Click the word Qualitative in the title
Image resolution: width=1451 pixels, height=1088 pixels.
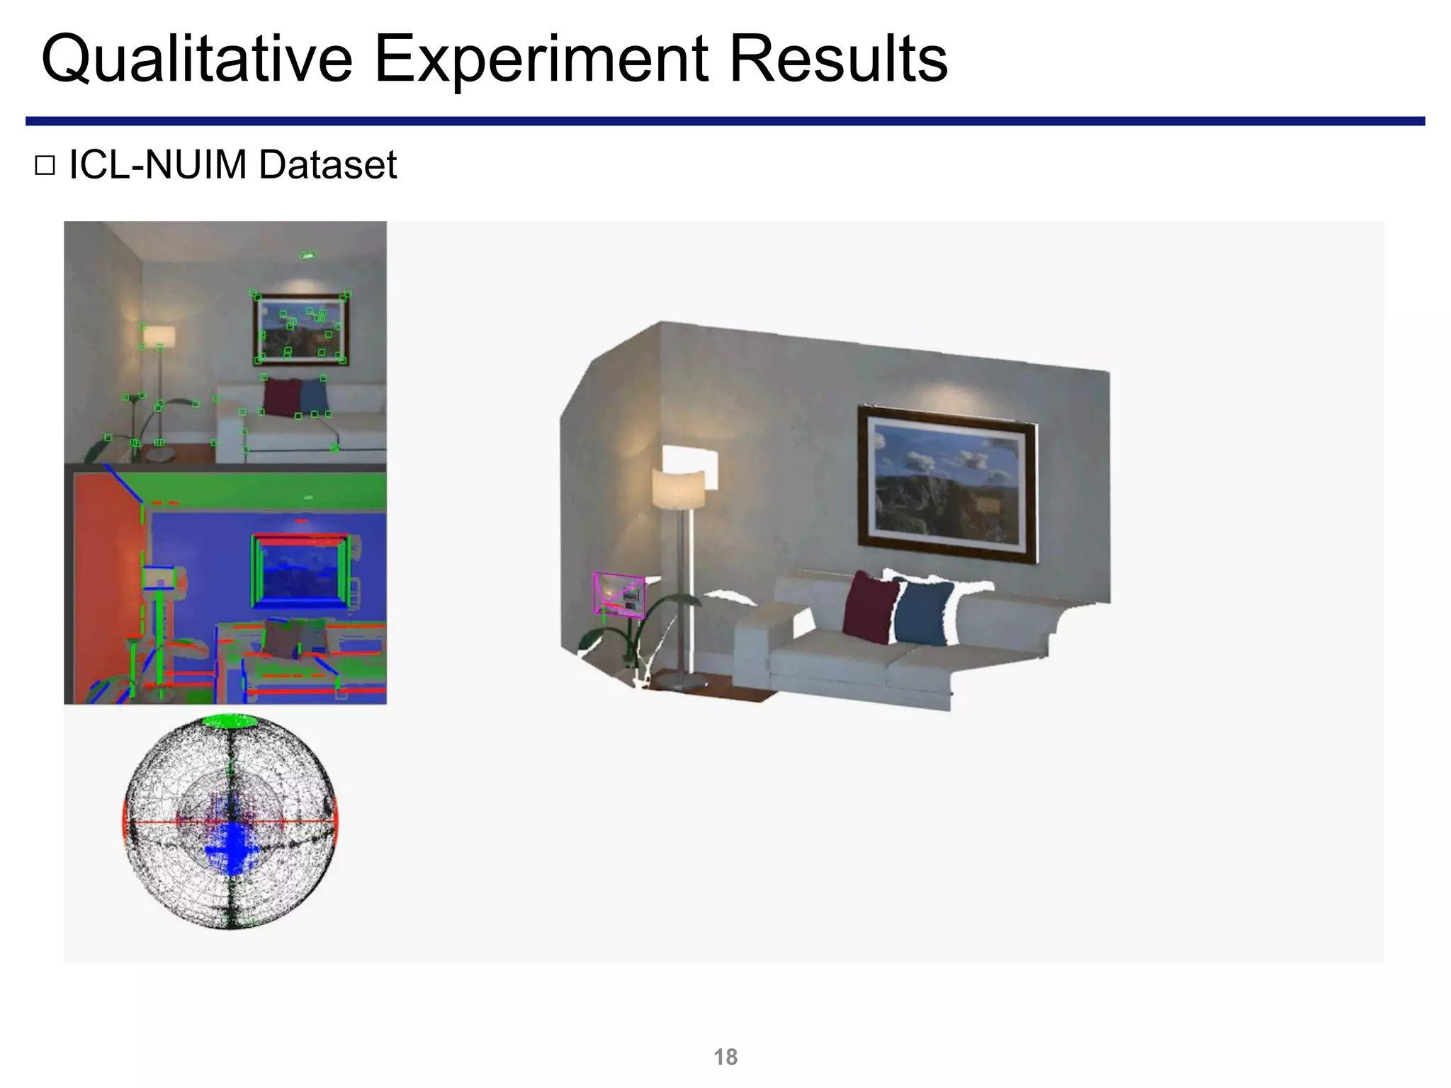tap(196, 59)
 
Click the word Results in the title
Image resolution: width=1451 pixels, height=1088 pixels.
tap(837, 59)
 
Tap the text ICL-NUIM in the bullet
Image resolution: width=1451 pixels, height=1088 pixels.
tap(157, 165)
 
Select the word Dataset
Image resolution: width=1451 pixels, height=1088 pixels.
tap(327, 165)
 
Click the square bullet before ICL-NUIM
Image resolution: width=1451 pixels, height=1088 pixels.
tap(45, 166)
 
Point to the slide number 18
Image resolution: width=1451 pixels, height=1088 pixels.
tap(725, 1057)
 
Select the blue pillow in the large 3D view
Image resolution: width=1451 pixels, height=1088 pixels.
tap(923, 613)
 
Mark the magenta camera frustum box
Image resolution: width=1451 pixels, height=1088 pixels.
tap(619, 594)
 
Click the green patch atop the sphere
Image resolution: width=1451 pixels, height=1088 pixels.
tap(230, 722)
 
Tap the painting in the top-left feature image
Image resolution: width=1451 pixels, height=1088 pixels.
tap(300, 329)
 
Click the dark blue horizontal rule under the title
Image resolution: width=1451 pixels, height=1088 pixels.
tap(725, 121)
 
